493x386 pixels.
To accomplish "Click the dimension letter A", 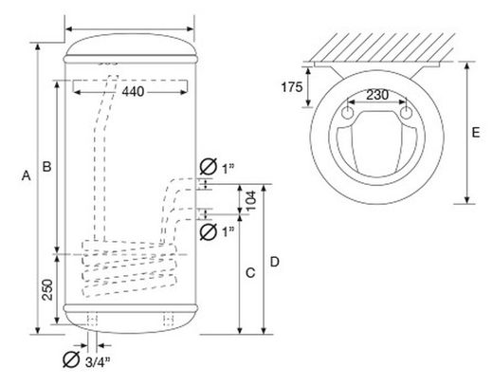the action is [27, 175].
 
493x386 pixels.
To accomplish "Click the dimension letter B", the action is [47, 166].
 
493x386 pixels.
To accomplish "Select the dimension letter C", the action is [250, 272].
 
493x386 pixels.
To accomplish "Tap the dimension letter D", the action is [275, 262].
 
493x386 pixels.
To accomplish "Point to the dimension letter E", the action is [476, 132].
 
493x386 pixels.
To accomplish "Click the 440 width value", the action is [133, 92].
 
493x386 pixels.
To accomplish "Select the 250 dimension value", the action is [47, 289].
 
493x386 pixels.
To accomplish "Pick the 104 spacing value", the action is [250, 201].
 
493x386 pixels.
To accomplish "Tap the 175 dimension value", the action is [292, 87].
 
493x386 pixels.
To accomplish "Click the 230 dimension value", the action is [377, 95].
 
